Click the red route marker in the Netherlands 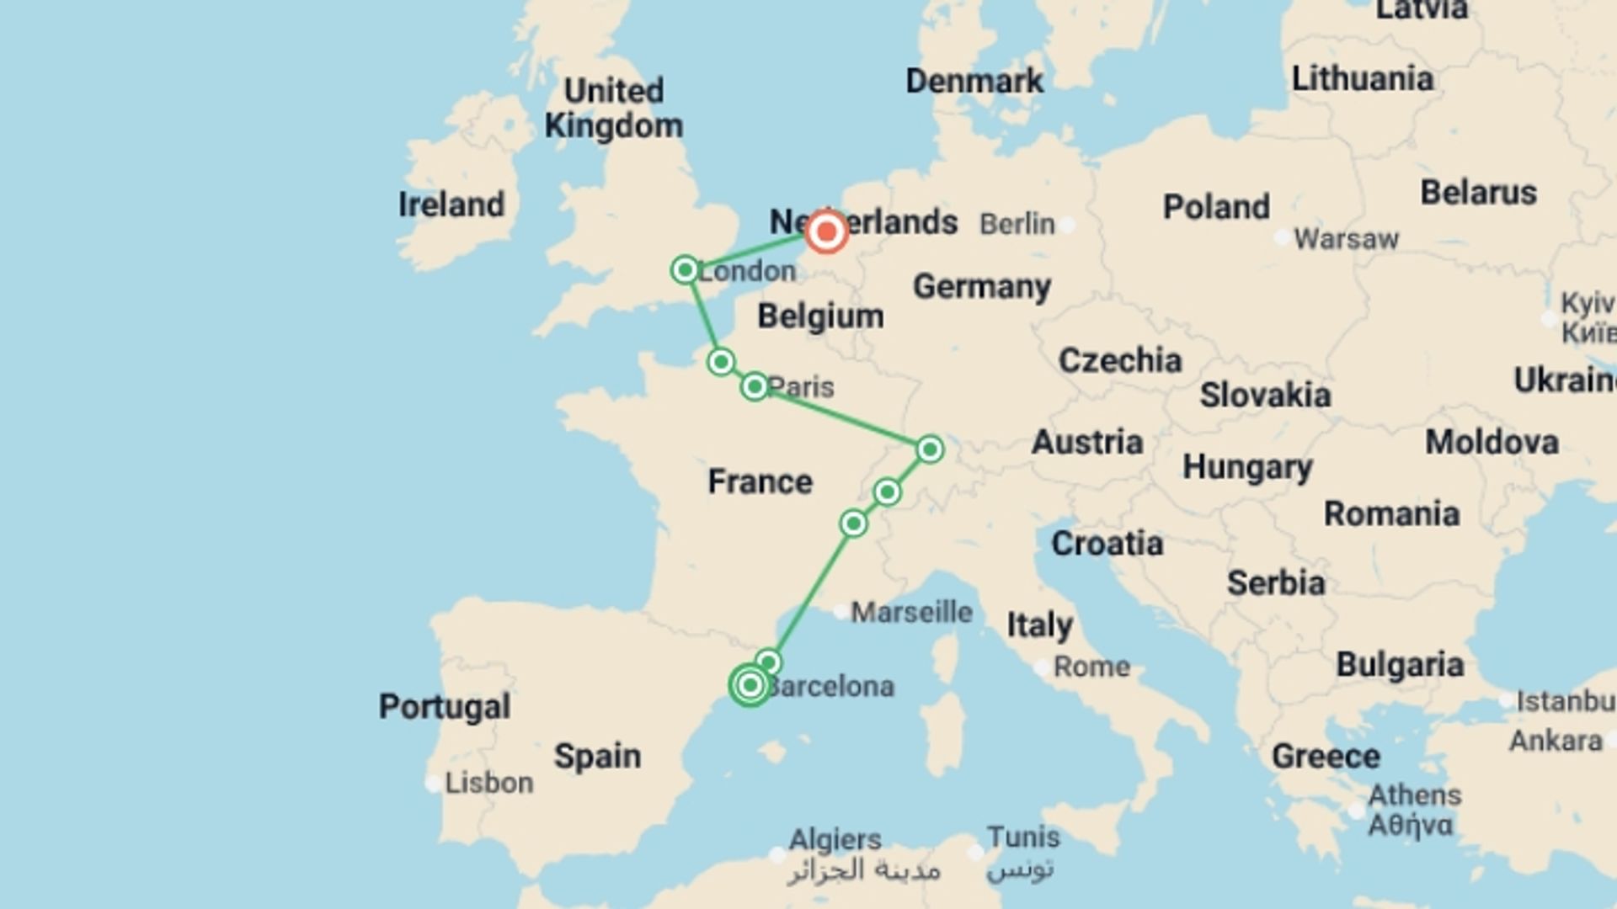click(x=826, y=231)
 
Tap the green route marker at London click(x=686, y=270)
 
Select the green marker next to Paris click(x=755, y=386)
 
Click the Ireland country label click(x=451, y=205)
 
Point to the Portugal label click(x=444, y=706)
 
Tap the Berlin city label click(x=1017, y=225)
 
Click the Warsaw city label click(x=1346, y=239)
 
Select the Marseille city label click(x=911, y=612)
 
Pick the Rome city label click(x=1091, y=667)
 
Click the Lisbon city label click(x=488, y=783)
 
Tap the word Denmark click(x=974, y=82)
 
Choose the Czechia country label click(x=1120, y=360)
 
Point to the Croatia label click(x=1107, y=544)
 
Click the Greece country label click(x=1326, y=756)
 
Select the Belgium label click(x=820, y=316)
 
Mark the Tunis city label click(x=1023, y=837)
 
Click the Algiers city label click(x=835, y=839)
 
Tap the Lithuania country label click(x=1362, y=79)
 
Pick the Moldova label click(x=1492, y=442)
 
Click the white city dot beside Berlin click(x=1068, y=225)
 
